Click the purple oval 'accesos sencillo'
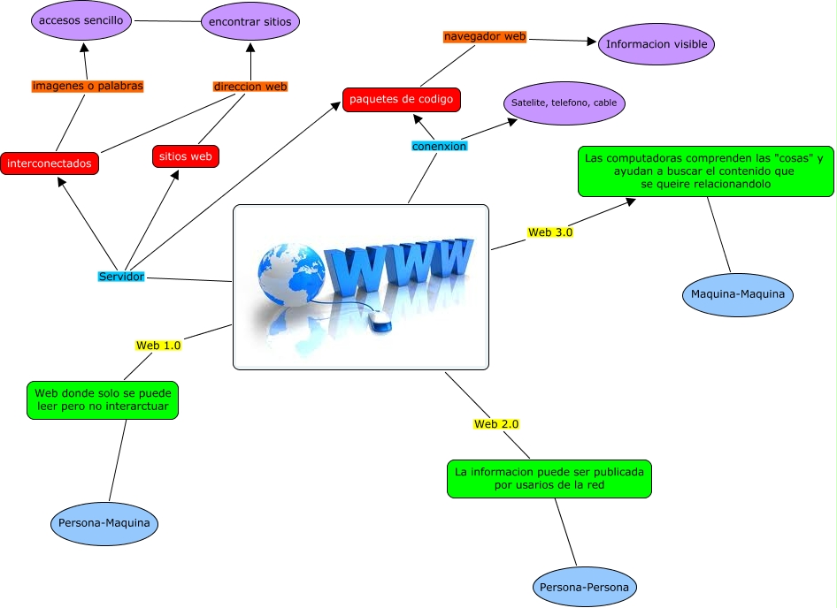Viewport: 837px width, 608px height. tap(81, 20)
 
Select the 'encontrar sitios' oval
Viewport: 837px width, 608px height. tap(250, 22)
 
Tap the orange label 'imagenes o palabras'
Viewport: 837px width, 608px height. tap(87, 87)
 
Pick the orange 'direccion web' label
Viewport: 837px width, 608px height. tap(251, 87)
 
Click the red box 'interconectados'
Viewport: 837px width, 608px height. tap(50, 163)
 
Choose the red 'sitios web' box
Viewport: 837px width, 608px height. tap(186, 156)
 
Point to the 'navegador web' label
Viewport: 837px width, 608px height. tap(485, 37)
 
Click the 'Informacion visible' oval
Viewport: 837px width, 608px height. tap(655, 44)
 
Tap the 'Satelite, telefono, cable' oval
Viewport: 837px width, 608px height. tap(564, 103)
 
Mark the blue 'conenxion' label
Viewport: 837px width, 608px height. tap(439, 146)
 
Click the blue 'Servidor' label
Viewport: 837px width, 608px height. tap(121, 277)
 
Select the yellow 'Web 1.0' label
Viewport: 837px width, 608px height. tap(158, 346)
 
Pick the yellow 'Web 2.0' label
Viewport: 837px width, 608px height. tap(496, 424)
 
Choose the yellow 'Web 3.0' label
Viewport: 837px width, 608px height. tap(550, 233)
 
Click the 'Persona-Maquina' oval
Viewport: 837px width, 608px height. tap(106, 523)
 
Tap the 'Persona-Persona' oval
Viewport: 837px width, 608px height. tap(585, 587)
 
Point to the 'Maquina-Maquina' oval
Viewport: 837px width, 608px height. tap(738, 293)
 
